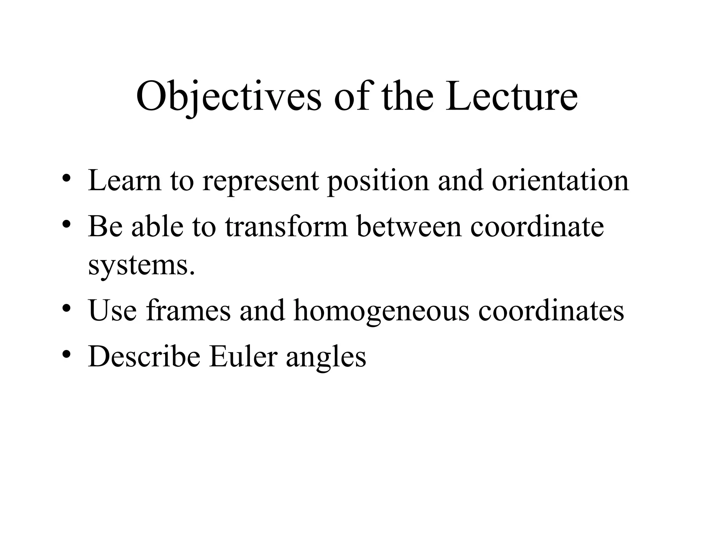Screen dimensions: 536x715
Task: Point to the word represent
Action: [x=260, y=181]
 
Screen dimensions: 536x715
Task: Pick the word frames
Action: [x=189, y=310]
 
